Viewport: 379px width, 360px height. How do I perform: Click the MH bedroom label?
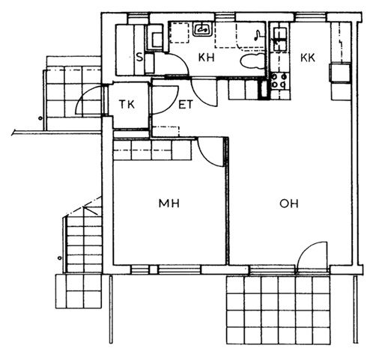point(169,204)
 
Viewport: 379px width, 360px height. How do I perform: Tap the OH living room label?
point(289,204)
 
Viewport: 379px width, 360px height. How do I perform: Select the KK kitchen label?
point(308,58)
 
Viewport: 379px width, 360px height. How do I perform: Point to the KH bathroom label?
point(206,58)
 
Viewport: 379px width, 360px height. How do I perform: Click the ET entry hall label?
point(186,105)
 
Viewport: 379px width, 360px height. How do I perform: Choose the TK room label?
point(127,104)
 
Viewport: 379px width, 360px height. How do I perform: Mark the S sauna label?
point(139,58)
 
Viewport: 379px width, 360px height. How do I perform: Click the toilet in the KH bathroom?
point(252,61)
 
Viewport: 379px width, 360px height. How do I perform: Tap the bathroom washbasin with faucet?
point(203,29)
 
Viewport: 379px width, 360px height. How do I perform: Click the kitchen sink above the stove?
point(280,39)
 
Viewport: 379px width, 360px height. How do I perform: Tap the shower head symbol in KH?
point(257,34)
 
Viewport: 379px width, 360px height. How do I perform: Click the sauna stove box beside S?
point(155,37)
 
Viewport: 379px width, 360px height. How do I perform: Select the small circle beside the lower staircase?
point(59,258)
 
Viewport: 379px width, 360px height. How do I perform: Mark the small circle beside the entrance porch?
point(40,118)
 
